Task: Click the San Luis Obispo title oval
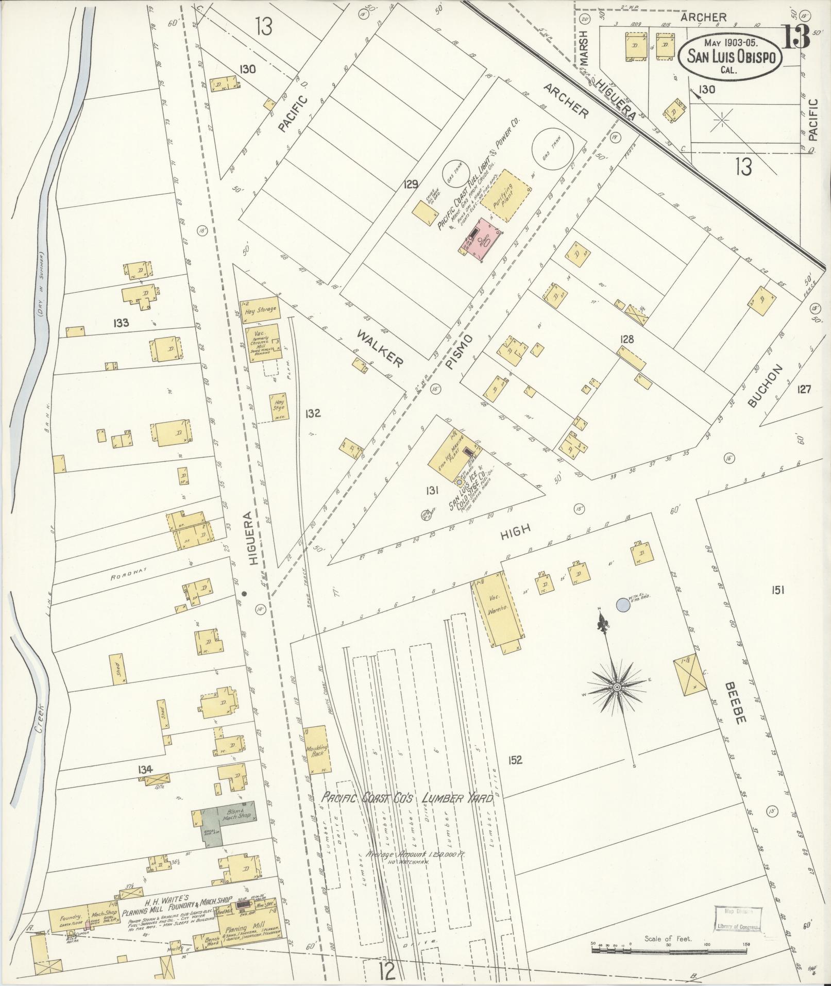(x=733, y=57)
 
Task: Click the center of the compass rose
(x=616, y=688)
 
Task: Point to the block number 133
(x=122, y=323)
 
